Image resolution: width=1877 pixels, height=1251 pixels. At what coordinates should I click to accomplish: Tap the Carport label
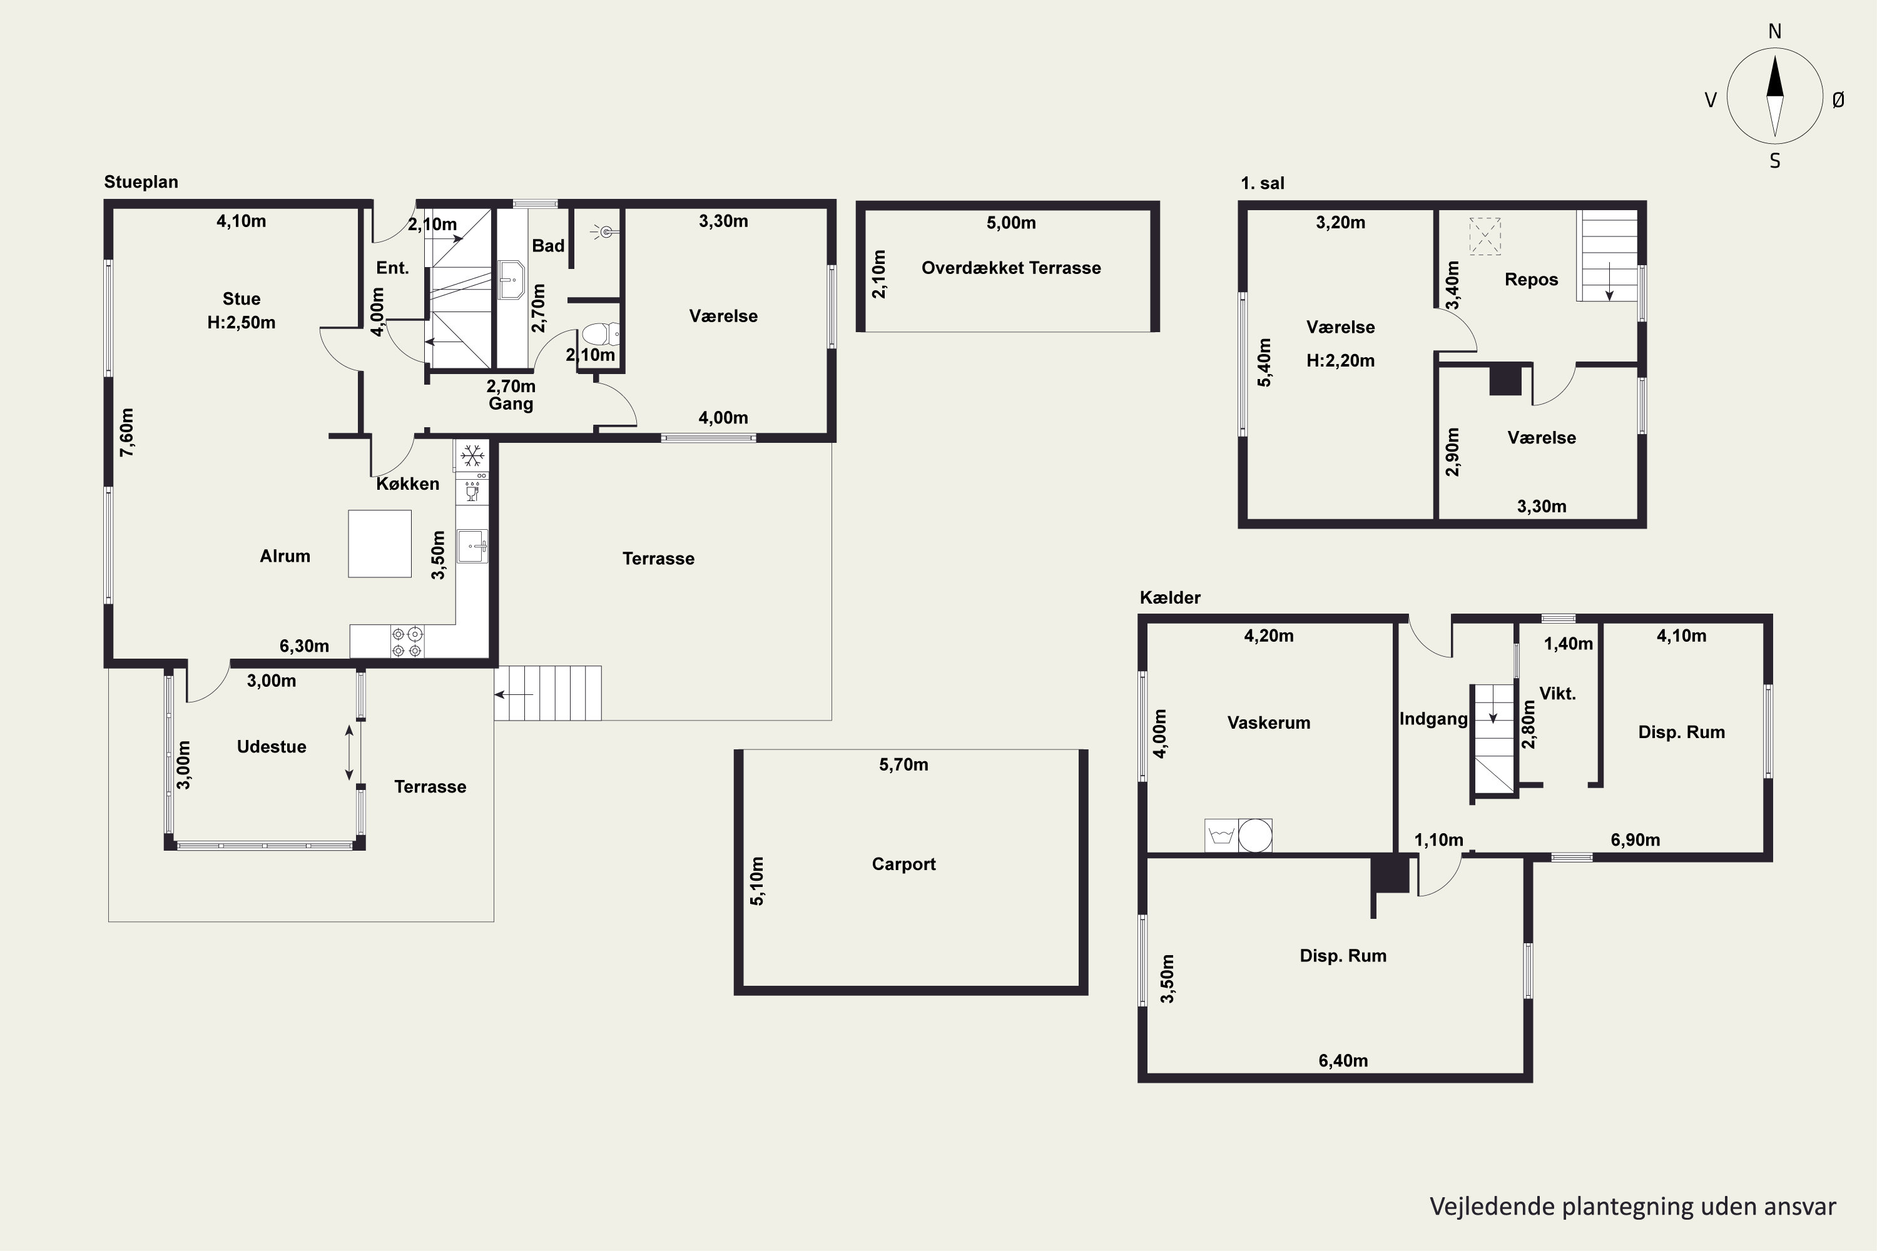[x=903, y=864]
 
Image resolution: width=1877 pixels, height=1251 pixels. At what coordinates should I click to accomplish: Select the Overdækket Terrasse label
[x=1011, y=268]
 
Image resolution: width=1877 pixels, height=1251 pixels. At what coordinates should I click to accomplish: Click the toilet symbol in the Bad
[x=601, y=333]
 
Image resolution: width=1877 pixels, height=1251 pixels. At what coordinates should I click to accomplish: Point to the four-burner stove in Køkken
[x=407, y=642]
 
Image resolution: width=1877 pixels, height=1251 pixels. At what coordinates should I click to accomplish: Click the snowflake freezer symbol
[x=472, y=455]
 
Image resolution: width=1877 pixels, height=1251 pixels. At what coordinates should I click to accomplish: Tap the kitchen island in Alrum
[x=380, y=544]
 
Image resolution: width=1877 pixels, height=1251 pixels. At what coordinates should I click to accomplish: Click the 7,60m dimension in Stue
[x=127, y=432]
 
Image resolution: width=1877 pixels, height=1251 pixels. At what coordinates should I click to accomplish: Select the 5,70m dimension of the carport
[x=903, y=764]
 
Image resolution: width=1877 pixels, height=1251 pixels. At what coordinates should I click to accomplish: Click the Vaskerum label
[x=1269, y=723]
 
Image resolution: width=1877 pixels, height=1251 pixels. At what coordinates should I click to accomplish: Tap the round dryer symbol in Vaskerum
[x=1254, y=835]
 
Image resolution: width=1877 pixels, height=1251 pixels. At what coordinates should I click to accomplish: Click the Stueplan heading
[x=141, y=182]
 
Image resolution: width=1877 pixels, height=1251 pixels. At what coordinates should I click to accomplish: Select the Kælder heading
[x=1170, y=597]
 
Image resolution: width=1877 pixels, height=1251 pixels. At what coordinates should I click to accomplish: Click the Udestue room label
[x=272, y=747]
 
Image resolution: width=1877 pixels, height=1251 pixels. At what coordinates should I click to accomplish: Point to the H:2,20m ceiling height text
[x=1341, y=361]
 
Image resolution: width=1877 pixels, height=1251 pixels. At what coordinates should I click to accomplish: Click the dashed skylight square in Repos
[x=1485, y=236]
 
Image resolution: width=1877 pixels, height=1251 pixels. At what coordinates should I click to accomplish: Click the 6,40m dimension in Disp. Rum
[x=1343, y=1061]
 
